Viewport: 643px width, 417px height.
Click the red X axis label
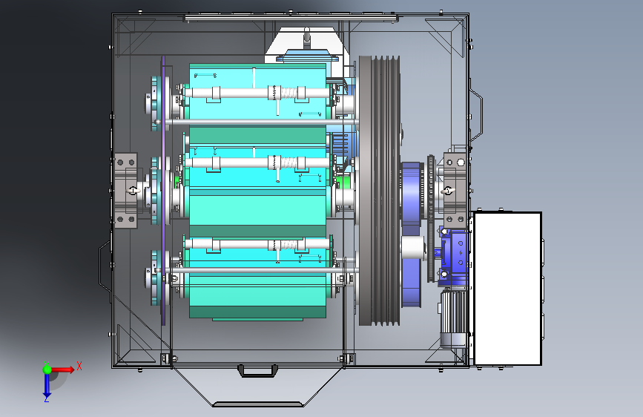pos(79,366)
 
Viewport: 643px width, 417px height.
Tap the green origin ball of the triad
pos(47,369)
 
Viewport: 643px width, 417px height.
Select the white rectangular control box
pos(508,289)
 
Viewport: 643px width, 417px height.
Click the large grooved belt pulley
pos(379,191)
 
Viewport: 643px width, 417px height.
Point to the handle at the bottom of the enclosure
pos(258,370)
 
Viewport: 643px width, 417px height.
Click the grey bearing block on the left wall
pos(125,191)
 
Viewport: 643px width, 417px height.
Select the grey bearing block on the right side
pos(455,191)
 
